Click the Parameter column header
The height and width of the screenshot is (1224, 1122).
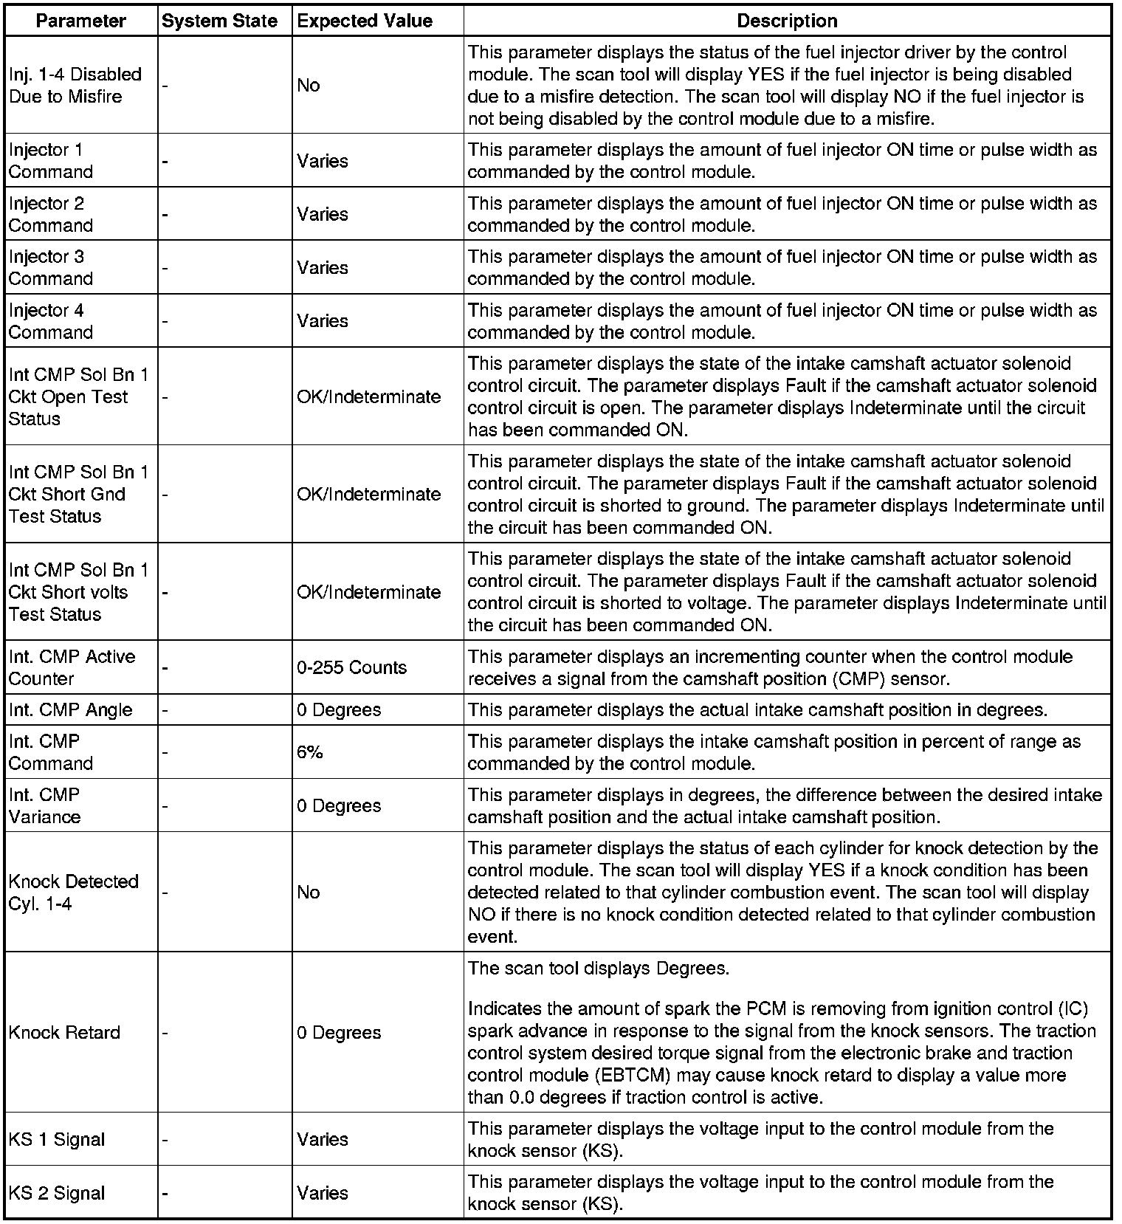[80, 21]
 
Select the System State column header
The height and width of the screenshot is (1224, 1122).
[219, 21]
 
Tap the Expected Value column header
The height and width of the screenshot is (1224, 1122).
[365, 21]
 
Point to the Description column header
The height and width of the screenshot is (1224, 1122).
[787, 21]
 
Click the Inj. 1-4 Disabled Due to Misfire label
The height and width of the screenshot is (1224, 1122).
[75, 85]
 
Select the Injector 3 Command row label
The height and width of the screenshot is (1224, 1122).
[51, 267]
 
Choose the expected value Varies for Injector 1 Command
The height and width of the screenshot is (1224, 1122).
[323, 161]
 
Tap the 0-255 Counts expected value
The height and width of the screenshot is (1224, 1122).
[351, 667]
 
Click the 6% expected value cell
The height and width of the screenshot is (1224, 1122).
[310, 752]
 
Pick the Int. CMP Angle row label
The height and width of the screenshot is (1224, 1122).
[71, 709]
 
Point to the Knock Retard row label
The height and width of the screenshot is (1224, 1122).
[64, 1032]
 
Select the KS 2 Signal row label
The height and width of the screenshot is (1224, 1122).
[57, 1193]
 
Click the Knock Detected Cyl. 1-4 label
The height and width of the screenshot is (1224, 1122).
[73, 892]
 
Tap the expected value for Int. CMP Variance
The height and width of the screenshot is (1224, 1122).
[339, 805]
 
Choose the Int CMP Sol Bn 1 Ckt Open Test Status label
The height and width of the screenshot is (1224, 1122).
[78, 396]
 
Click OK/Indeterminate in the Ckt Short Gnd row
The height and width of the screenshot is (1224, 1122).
[369, 494]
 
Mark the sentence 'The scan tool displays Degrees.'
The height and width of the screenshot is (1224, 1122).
[599, 968]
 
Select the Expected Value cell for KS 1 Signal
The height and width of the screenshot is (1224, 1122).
[323, 1139]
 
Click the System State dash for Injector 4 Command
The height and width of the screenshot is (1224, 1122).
[165, 321]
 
